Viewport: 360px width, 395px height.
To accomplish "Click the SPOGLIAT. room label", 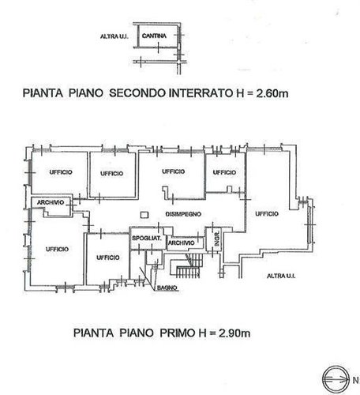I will click(x=146, y=238).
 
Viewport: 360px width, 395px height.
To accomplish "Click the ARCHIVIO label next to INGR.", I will click(x=182, y=243).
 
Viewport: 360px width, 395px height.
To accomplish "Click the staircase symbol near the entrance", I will click(x=186, y=273).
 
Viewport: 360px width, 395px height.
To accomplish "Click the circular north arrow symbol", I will click(x=331, y=374).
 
